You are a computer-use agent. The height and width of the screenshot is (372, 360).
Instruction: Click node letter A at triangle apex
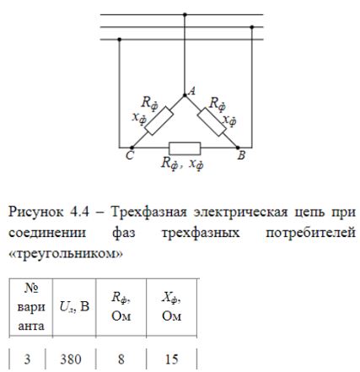pyautogui.click(x=192, y=91)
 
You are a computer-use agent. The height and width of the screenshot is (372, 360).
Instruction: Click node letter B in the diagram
pyautogui.click(x=241, y=155)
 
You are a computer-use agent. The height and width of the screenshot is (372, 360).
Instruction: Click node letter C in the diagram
pyautogui.click(x=130, y=155)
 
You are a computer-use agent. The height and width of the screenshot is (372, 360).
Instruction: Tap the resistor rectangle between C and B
pyautogui.click(x=185, y=148)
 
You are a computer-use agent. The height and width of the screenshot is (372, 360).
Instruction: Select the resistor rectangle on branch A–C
pyautogui.click(x=159, y=121)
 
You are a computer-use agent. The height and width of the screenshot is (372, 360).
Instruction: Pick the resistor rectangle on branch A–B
pyautogui.click(x=212, y=121)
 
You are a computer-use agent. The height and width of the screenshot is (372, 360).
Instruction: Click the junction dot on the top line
pyautogui.click(x=185, y=14)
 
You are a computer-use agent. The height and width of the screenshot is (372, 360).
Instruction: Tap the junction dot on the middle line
pyautogui.click(x=252, y=27)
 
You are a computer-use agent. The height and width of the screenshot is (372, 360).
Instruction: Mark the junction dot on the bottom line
pyautogui.click(x=120, y=40)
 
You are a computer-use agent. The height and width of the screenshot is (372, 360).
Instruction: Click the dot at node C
pyautogui.click(x=132, y=148)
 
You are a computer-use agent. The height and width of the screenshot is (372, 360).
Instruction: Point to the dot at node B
pyautogui.click(x=238, y=148)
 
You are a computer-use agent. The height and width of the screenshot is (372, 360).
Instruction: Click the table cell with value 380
pyautogui.click(x=71, y=359)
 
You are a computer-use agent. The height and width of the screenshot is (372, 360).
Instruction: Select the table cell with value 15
pyautogui.click(x=172, y=359)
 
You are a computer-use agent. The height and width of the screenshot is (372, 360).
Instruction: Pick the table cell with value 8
pyautogui.click(x=121, y=359)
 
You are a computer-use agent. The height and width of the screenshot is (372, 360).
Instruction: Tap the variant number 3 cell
pyautogui.click(x=27, y=359)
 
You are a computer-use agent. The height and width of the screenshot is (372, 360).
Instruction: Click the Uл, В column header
pyautogui.click(x=74, y=307)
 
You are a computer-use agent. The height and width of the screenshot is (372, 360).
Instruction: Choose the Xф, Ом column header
pyautogui.click(x=171, y=307)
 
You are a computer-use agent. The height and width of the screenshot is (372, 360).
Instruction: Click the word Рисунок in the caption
pyautogui.click(x=36, y=212)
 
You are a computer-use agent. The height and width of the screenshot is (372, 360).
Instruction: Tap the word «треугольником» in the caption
pyautogui.click(x=66, y=254)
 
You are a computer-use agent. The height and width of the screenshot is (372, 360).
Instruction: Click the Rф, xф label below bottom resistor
pyautogui.click(x=182, y=164)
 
